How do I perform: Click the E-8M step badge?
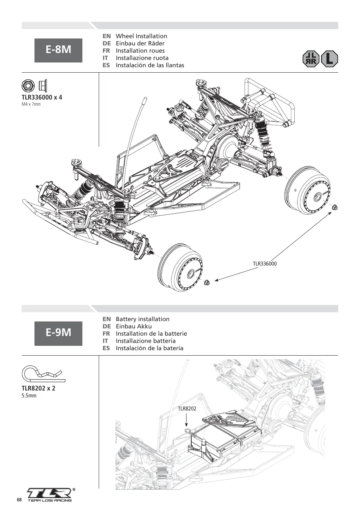tap(58, 50)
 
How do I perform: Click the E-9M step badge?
tap(58, 333)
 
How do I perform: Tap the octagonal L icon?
tap(329, 59)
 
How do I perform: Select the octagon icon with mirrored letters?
tap(311, 59)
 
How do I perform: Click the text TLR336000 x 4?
tap(42, 97)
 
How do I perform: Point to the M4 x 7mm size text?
tap(31, 104)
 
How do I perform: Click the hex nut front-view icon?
tap(28, 86)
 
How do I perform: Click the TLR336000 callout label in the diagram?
tap(265, 264)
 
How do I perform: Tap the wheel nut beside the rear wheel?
tap(335, 207)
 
